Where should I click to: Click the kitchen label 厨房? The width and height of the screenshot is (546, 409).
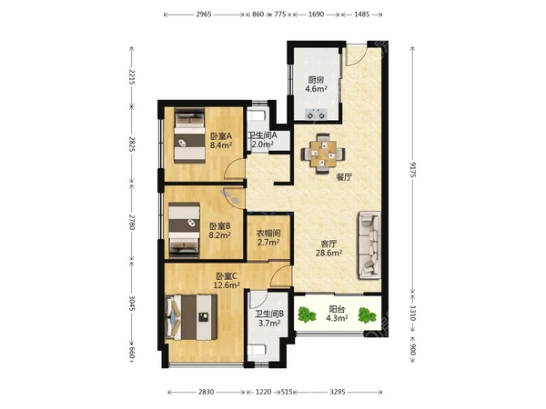coord(316,80)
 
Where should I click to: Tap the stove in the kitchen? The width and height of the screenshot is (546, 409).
coord(316,114)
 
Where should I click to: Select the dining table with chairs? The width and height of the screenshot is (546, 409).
coord(323,154)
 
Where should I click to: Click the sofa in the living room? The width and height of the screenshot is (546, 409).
coord(369,245)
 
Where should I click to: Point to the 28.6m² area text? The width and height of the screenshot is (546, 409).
coord(329,253)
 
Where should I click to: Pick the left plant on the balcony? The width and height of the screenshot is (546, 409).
coord(307,314)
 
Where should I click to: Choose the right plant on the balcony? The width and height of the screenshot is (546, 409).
coord(367,315)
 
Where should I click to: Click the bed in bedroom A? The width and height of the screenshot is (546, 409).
coord(189,135)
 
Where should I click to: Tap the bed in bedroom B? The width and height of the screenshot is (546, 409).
coord(184,231)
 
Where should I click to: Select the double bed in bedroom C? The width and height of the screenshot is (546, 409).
coord(191,317)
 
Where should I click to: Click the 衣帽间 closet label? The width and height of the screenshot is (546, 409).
coord(268,233)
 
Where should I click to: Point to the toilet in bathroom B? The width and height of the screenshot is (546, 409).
coord(258,350)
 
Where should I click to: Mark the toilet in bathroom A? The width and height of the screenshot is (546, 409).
coord(257,115)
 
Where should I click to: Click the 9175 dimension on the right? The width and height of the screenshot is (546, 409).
coord(413,170)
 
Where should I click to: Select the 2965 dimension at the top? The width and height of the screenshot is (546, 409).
coord(204,15)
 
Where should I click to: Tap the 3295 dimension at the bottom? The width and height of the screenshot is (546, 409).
coord(338,392)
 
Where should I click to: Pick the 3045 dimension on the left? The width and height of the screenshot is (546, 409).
coord(132,304)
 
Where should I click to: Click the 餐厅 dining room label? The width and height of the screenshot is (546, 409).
coord(344,177)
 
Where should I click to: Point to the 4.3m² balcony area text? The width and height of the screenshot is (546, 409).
coord(337,318)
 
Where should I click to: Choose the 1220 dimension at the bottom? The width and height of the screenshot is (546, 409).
coord(263,392)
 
